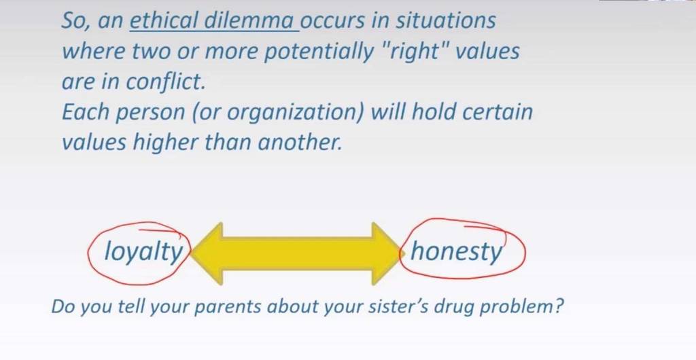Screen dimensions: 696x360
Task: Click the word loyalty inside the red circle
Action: point(143,252)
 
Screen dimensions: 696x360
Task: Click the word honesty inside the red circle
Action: point(456,252)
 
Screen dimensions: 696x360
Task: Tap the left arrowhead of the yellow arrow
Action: point(207,253)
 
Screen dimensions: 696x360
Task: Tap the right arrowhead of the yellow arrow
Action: point(387,253)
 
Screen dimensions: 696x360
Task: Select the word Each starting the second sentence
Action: point(85,111)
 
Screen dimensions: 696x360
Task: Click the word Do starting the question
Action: point(63,306)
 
